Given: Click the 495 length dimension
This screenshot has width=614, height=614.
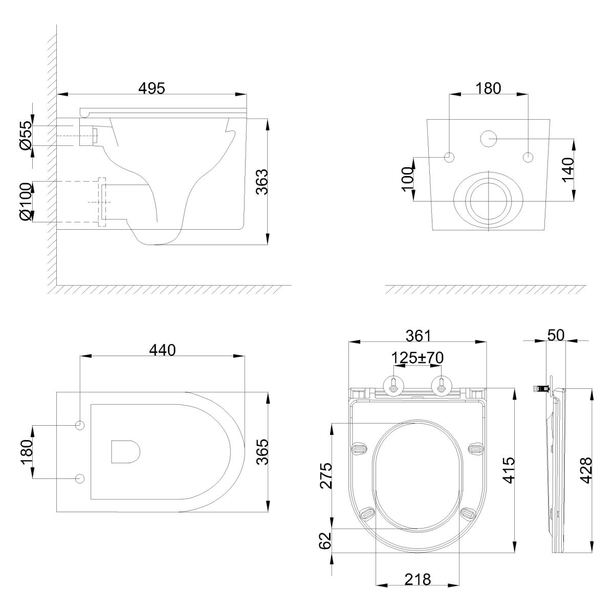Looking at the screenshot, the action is (151, 88).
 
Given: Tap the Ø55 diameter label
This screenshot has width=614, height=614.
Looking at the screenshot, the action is (26, 135).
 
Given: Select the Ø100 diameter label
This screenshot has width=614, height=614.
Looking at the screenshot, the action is (26, 202).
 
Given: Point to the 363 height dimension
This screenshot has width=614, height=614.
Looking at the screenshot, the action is (262, 182).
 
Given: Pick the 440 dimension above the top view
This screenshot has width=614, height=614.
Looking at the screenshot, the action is (163, 350).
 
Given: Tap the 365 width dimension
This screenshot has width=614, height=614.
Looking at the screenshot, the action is (262, 452).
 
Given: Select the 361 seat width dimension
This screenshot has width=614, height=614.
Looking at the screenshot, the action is (418, 336).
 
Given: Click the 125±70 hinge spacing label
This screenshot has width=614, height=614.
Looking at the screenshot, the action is (417, 358).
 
